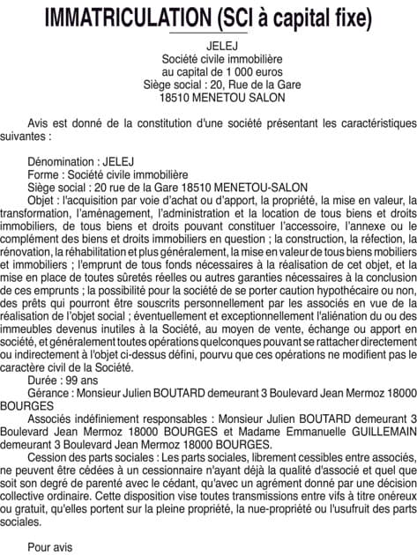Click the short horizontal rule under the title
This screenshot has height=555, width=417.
pos(208,33)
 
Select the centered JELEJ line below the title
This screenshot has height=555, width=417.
pos(208,45)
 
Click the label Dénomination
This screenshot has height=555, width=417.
pos(63,163)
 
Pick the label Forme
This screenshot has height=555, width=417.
pos(46,175)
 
